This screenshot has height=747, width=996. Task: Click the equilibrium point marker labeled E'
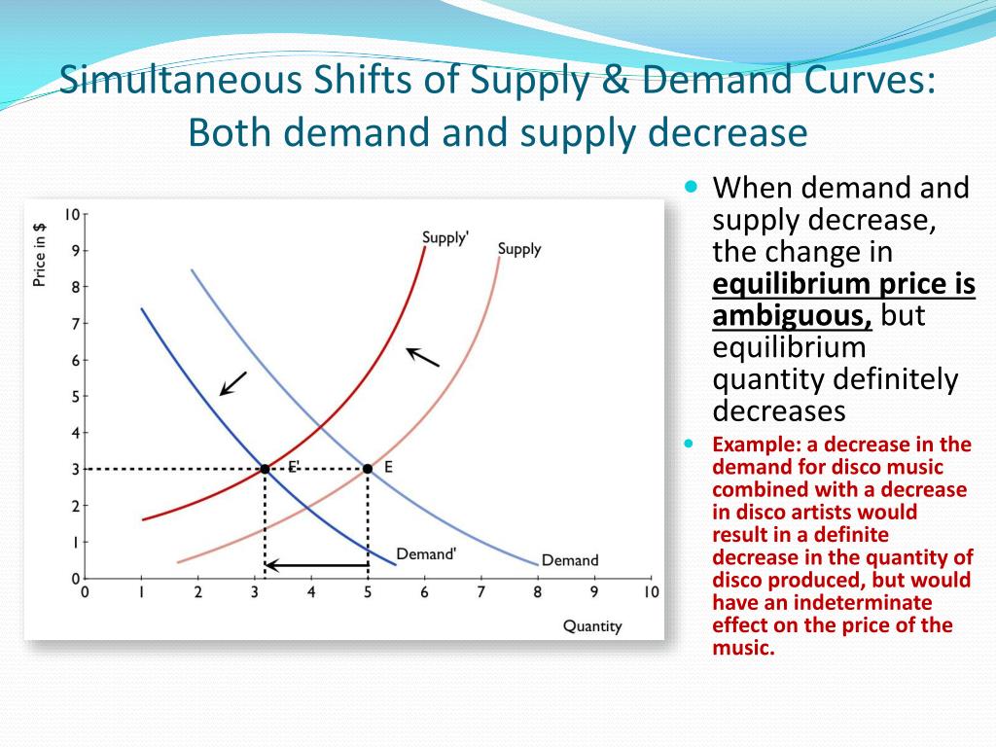(x=265, y=469)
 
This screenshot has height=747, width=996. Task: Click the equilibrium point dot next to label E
(x=367, y=469)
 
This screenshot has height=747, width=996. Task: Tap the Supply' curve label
(x=445, y=237)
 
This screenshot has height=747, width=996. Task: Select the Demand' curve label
(x=426, y=553)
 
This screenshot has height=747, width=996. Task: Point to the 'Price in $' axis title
(x=40, y=255)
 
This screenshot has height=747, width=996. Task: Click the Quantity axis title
(x=591, y=625)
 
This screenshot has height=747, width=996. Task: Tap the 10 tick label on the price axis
(x=72, y=214)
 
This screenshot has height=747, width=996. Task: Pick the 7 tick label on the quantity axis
(x=480, y=591)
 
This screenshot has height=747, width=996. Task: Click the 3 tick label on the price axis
(x=76, y=469)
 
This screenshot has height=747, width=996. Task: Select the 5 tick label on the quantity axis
(x=368, y=591)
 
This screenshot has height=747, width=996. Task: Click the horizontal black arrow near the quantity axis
(x=316, y=564)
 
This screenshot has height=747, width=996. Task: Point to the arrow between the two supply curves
(x=422, y=357)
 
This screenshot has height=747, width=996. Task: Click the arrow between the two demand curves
(x=233, y=382)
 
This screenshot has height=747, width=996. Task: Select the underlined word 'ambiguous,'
(x=792, y=316)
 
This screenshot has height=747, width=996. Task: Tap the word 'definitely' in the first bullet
(x=899, y=379)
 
